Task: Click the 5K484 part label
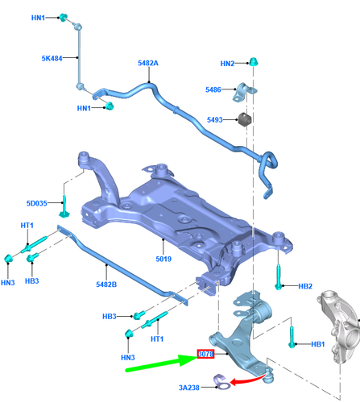tap(52, 58)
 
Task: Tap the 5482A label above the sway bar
tap(148, 63)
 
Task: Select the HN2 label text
tap(227, 64)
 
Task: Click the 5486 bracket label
tap(213, 89)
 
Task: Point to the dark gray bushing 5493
tap(244, 119)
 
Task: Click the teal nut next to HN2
tap(254, 62)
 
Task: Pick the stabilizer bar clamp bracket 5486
tap(245, 92)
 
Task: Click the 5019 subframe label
tap(163, 259)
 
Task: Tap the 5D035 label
tap(37, 203)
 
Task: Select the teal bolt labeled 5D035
tap(64, 207)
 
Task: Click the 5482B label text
tap(106, 285)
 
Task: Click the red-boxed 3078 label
tap(205, 354)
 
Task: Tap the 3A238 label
tap(189, 388)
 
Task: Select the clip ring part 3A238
tap(221, 382)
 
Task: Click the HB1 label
tap(318, 344)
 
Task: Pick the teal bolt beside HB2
tap(279, 277)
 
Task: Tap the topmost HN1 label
tap(38, 18)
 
